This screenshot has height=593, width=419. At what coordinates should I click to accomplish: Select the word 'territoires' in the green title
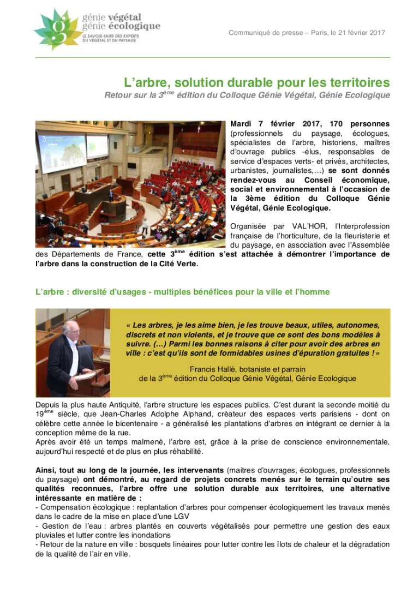[360, 82]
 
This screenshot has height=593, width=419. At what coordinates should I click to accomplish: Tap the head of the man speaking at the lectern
[69, 328]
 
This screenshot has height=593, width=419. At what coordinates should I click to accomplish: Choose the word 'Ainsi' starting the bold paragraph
[46, 470]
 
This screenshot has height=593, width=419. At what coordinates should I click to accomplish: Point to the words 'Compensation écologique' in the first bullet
[81, 507]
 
